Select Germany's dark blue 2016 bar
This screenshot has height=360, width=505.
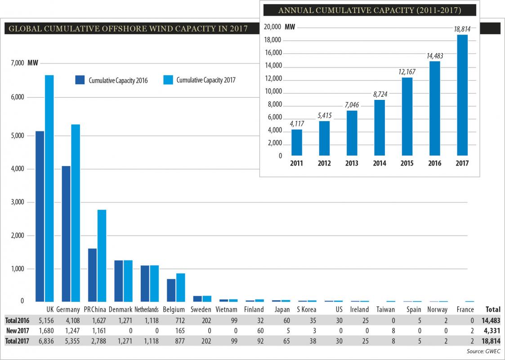coord(66,234)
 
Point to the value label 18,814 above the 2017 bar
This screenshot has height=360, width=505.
coord(462,29)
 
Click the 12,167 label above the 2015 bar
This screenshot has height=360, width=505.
coord(407,72)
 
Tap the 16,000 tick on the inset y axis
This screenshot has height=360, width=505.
coord(272,53)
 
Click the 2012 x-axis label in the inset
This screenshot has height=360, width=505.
coord(324,163)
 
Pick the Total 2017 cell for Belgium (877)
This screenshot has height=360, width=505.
coord(174,341)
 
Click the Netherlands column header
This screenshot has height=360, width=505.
coord(147,310)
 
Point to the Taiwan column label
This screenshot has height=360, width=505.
coord(385,310)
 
